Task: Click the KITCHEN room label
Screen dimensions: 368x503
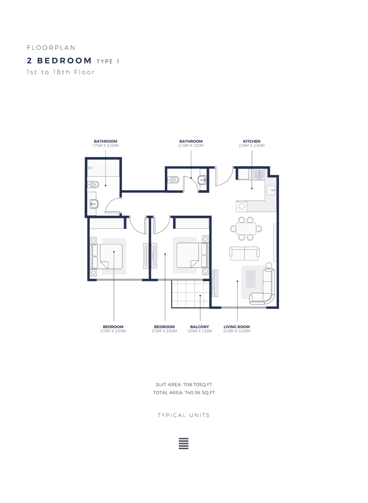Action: pos(251,141)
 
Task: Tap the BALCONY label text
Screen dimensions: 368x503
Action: pos(199,327)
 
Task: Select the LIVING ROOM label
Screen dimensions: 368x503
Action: pos(237,327)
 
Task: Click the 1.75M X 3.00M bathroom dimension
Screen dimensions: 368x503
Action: pos(105,146)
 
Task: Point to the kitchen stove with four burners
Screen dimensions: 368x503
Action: pos(259,174)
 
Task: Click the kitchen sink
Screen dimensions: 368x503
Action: pos(271,190)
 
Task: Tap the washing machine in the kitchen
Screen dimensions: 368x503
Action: pos(242,206)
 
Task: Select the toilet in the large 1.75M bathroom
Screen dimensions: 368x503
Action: pos(93,184)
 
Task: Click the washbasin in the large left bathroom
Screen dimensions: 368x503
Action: pos(94,204)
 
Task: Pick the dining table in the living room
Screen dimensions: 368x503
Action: pos(246,229)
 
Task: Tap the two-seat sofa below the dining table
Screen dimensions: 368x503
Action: pos(244,253)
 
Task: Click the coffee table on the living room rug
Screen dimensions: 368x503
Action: pos(251,279)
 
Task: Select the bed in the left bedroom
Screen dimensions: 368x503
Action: pos(106,256)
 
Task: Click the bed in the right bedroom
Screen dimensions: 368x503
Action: pos(192,255)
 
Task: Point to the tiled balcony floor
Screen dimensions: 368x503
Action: pos(191,294)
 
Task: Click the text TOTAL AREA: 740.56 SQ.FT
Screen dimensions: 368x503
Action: pos(184,392)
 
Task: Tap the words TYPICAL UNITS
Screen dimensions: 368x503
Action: pos(184,415)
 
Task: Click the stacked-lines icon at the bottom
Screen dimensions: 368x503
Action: pos(184,444)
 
